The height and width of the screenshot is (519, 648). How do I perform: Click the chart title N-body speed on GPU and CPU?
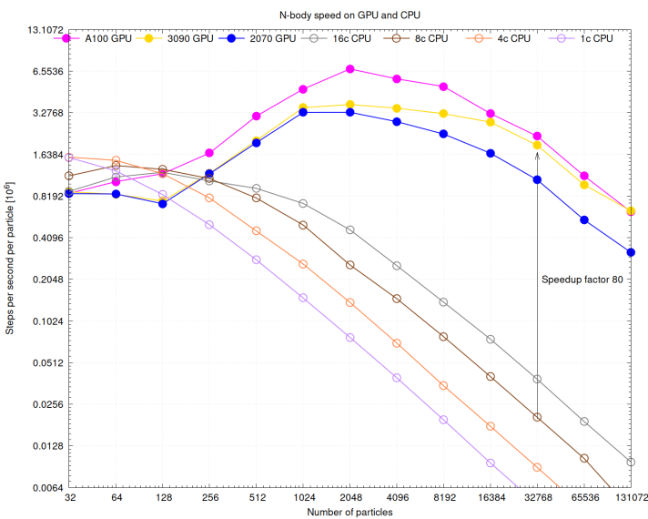click(350, 14)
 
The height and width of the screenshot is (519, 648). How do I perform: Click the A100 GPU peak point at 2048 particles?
click(350, 69)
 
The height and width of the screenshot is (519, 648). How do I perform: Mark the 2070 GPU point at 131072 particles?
click(632, 251)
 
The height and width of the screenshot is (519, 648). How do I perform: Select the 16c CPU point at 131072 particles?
click(632, 462)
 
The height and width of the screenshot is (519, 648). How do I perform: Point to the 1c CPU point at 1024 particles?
click(303, 298)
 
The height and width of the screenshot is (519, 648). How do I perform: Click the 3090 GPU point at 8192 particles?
click(443, 113)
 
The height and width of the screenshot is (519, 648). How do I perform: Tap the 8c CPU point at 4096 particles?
click(397, 299)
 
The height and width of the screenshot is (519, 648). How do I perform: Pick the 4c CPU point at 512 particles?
click(257, 230)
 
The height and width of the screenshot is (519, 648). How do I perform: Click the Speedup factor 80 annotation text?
click(582, 280)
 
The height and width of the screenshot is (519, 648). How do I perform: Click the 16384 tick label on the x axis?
click(491, 499)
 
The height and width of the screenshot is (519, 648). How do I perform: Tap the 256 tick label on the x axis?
click(209, 499)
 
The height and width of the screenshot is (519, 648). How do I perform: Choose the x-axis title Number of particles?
click(350, 513)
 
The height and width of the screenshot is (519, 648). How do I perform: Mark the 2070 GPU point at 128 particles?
click(163, 204)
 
